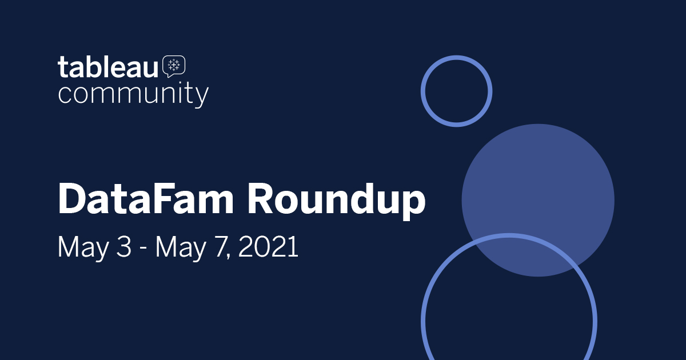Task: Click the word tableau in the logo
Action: tap(108, 66)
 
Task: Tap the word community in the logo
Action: tap(133, 94)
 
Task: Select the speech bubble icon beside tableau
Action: tap(174, 66)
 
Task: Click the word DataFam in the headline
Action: tap(146, 199)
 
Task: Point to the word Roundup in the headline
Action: tap(337, 201)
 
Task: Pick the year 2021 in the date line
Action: tap(268, 247)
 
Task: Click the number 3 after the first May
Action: tap(124, 247)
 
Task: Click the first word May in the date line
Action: tap(83, 249)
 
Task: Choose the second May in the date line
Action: tap(181, 249)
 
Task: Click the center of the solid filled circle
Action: tap(538, 200)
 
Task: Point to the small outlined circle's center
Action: tap(457, 91)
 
